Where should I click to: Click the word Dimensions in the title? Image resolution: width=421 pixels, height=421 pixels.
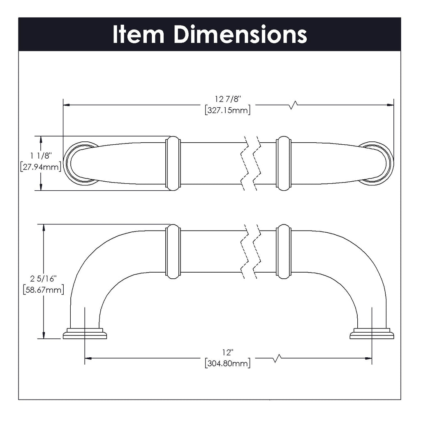[240, 35]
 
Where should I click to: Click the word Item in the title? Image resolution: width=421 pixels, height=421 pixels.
[138, 35]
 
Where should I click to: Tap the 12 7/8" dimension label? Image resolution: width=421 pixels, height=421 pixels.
[227, 99]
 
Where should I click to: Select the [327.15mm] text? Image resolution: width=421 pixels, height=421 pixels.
[227, 110]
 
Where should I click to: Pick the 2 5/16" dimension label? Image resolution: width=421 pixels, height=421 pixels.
[43, 278]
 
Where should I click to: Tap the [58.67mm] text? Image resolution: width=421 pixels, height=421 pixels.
[43, 289]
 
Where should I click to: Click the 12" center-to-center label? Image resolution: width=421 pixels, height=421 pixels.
[227, 352]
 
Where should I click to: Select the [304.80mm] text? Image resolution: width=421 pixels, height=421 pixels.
[227, 363]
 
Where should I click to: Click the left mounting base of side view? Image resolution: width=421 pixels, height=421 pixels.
[85, 333]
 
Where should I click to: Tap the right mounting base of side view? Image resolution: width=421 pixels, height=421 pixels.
[372, 333]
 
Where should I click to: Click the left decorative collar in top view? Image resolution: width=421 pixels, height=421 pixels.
[173, 163]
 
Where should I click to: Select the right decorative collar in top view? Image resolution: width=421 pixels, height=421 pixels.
[284, 163]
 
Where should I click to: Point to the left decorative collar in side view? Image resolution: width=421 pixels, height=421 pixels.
[173, 252]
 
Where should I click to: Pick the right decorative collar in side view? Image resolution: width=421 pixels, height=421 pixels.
[284, 252]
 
